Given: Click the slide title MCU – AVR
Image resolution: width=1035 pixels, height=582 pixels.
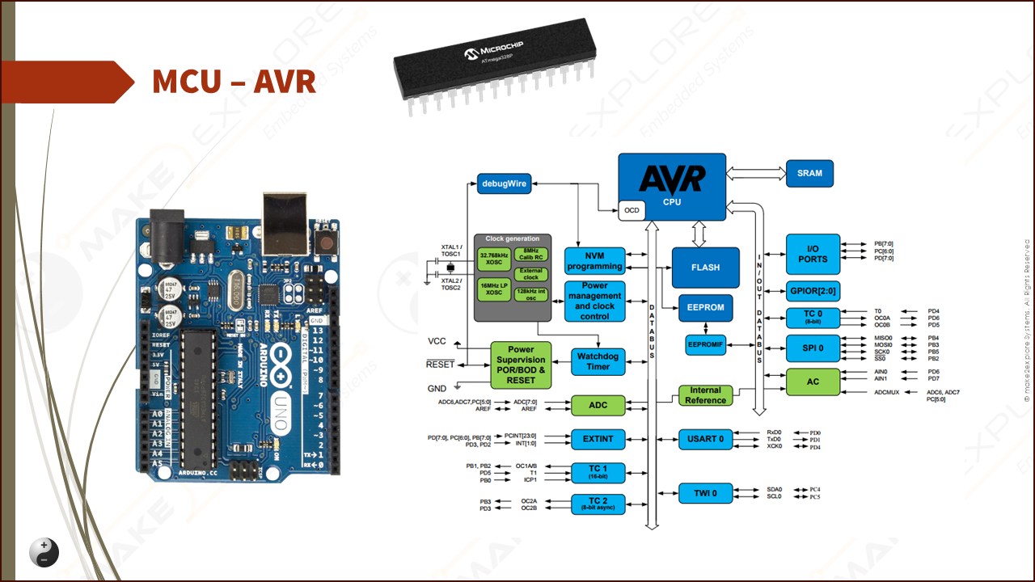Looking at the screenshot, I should pyautogui.click(x=234, y=82).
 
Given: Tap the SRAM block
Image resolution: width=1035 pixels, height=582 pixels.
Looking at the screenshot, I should pyautogui.click(x=809, y=173).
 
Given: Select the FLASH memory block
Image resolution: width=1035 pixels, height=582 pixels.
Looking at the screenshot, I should pyautogui.click(x=705, y=268).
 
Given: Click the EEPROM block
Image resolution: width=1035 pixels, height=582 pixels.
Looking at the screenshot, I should pyautogui.click(x=706, y=308).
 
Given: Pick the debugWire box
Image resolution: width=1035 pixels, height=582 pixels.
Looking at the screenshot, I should pyautogui.click(x=503, y=183).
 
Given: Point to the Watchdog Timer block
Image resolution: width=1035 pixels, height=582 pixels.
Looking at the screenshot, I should pyautogui.click(x=598, y=361).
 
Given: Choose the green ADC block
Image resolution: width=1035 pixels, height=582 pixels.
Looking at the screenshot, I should pyautogui.click(x=598, y=405).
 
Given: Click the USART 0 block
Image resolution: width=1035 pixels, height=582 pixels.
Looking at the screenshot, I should pyautogui.click(x=704, y=439).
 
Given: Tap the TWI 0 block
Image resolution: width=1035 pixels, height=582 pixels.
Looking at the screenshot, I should pyautogui.click(x=704, y=493).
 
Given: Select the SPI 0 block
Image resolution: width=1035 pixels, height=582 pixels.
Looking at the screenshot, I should pyautogui.click(x=813, y=348).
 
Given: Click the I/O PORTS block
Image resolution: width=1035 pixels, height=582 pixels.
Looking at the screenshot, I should pyautogui.click(x=813, y=255).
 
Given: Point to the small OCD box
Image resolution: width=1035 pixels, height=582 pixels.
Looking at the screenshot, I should pyautogui.click(x=632, y=211).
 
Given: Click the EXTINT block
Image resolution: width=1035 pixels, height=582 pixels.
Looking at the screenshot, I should pyautogui.click(x=598, y=439).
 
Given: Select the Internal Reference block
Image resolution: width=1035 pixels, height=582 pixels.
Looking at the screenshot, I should pyautogui.click(x=705, y=395).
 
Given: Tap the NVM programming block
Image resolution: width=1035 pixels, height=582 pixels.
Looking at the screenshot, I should pyautogui.click(x=595, y=261).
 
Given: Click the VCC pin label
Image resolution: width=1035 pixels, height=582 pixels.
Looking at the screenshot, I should pyautogui.click(x=437, y=341).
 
